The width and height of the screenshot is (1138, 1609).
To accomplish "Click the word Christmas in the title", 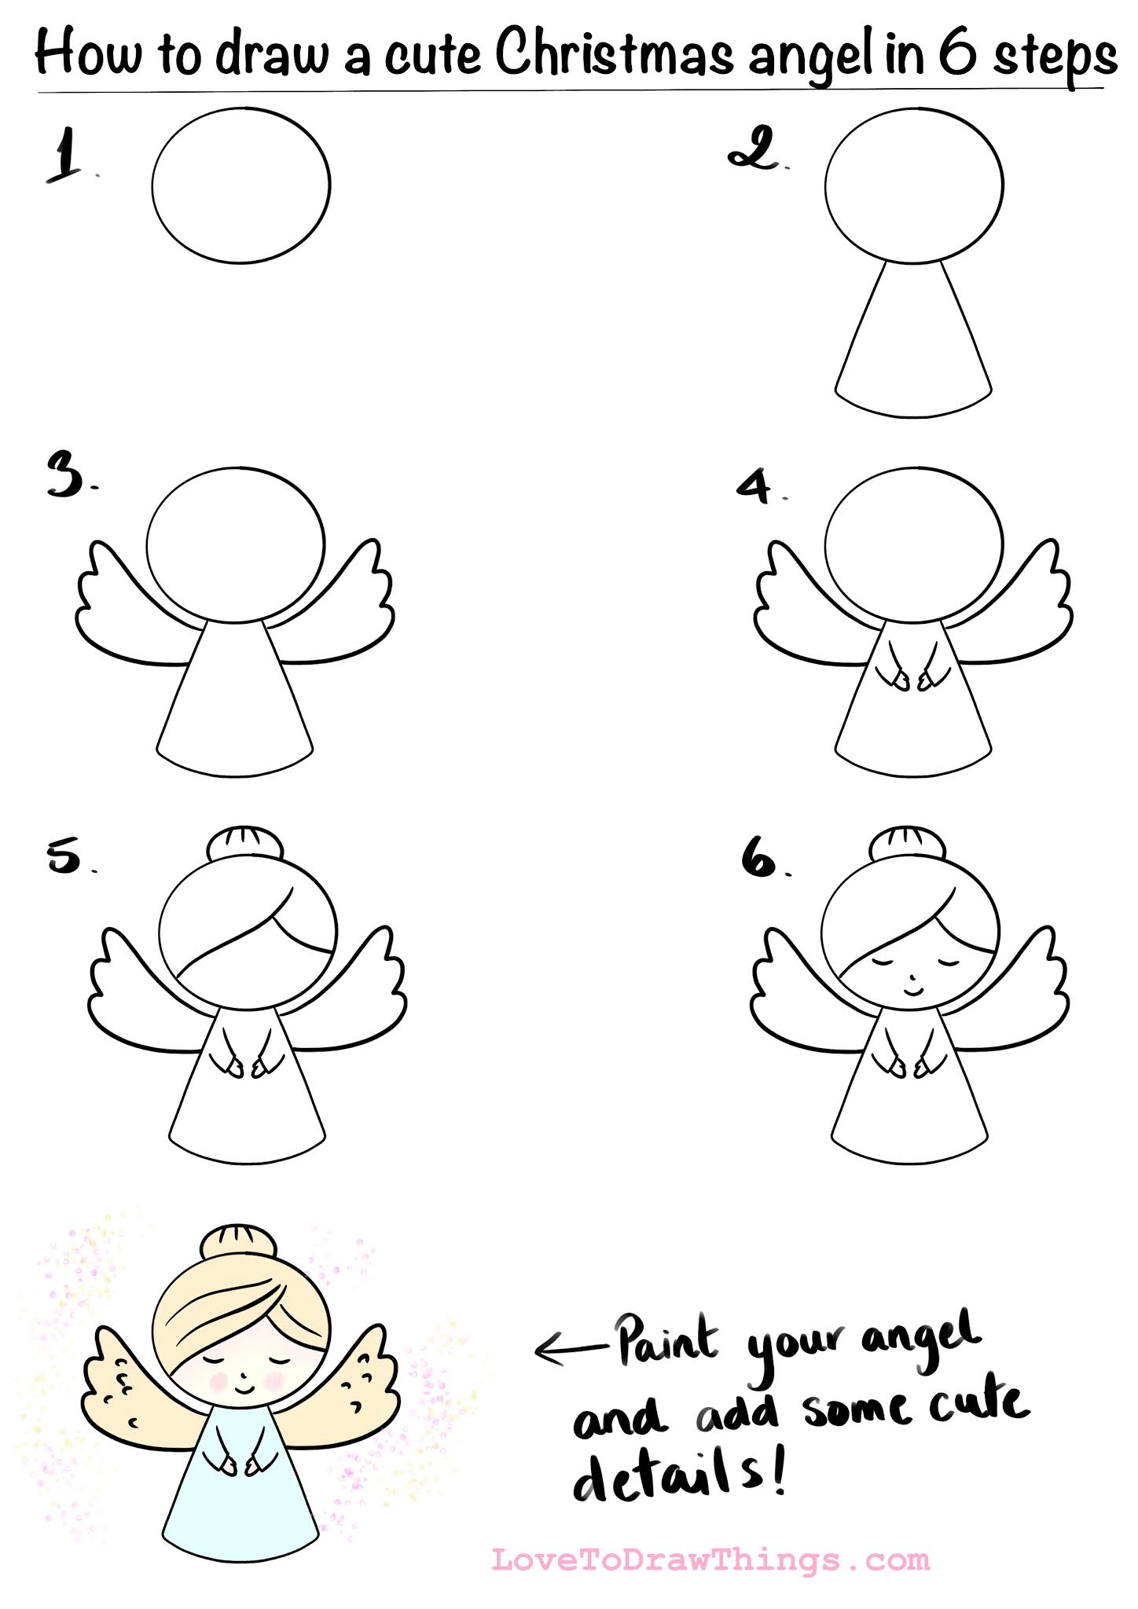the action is pos(615,53).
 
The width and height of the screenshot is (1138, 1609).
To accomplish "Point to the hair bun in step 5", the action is pos(245,843).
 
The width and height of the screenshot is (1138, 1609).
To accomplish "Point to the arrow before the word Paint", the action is pos(571,1348).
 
